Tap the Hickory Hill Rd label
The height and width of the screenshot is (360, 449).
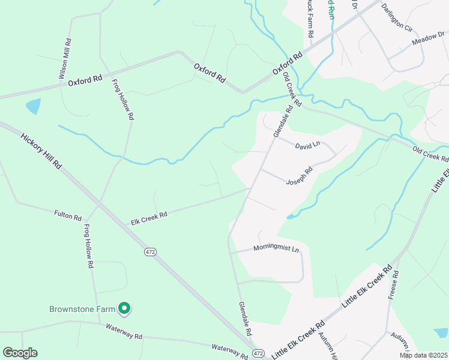pos(41,151)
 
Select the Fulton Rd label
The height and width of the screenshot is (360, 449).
pos(67,215)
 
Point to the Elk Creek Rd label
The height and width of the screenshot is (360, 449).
pos(149,218)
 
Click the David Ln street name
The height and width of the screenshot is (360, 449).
pos(308,145)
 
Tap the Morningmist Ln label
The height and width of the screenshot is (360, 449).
pos(276,248)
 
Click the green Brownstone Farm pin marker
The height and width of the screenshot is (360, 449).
pos(124,308)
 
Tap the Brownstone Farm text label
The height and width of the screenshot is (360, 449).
pos(82,309)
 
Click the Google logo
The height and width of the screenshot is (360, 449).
pos(20,353)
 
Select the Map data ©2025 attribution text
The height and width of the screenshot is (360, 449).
pos(423,355)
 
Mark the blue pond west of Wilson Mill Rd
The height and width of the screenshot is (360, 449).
pos(33,106)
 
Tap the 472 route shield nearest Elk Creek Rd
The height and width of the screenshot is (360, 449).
pos(150,253)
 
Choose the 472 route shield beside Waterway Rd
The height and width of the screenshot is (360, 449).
pos(258,353)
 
